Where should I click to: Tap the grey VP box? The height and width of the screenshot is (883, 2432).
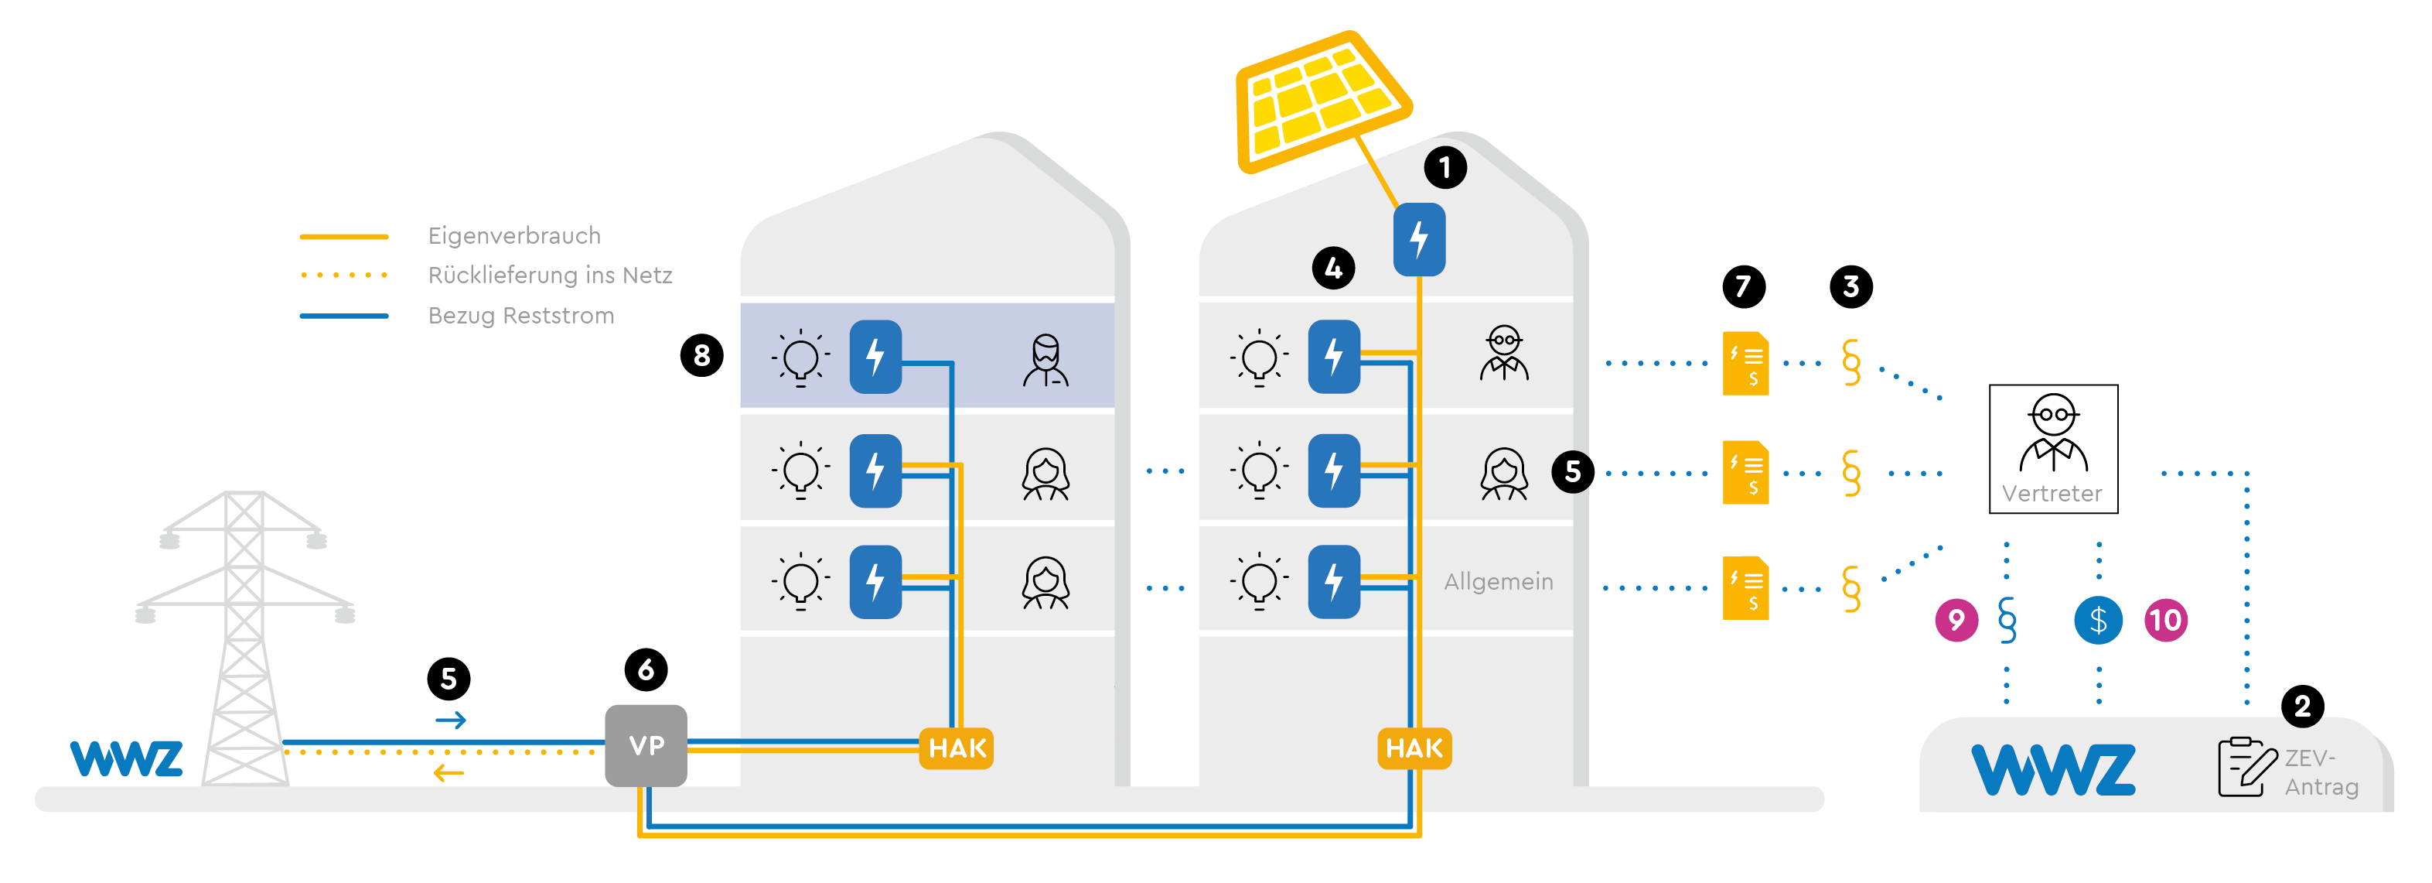click(x=646, y=745)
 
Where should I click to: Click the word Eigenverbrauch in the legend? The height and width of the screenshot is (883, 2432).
click(x=513, y=235)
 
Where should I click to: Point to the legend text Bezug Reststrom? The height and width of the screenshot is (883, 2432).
click(x=520, y=316)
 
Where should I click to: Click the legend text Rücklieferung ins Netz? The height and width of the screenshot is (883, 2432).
click(x=550, y=275)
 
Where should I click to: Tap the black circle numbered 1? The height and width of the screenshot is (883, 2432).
click(x=1445, y=168)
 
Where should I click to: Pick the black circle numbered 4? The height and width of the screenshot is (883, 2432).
click(x=1333, y=269)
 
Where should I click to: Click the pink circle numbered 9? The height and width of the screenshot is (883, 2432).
click(x=1956, y=621)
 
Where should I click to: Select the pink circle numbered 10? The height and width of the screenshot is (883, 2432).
click(x=2164, y=621)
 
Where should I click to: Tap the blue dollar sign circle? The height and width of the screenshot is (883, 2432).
click(x=2098, y=621)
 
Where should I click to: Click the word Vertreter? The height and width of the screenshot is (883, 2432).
click(x=2052, y=493)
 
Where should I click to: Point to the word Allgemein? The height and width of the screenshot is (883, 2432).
click(x=1499, y=582)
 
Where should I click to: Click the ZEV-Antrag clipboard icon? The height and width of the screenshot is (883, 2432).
click(x=2246, y=767)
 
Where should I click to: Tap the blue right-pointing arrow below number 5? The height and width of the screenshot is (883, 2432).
click(x=450, y=720)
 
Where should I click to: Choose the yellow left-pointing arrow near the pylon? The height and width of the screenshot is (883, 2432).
click(x=449, y=773)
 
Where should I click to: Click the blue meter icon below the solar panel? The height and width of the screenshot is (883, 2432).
click(x=1419, y=239)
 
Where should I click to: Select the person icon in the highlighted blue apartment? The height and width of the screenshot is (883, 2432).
click(x=1045, y=360)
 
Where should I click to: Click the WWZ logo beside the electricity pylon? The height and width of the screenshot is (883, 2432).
click(x=125, y=758)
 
